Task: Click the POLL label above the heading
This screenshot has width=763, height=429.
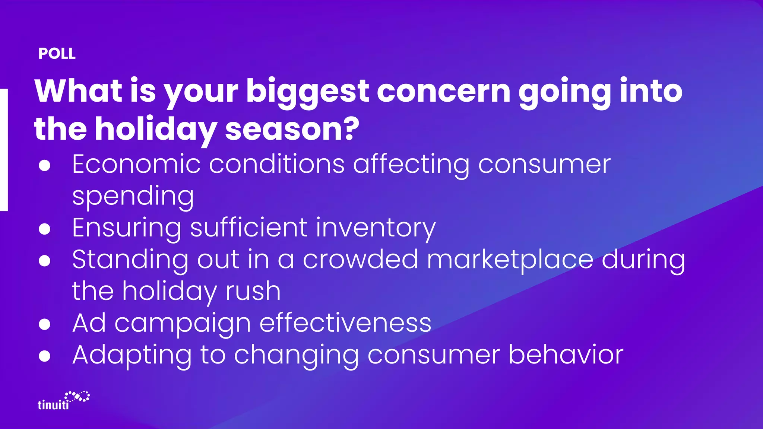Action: click(x=57, y=54)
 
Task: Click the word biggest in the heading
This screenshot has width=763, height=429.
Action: click(x=307, y=92)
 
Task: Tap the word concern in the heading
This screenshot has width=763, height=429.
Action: click(x=443, y=92)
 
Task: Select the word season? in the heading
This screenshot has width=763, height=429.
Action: click(x=292, y=129)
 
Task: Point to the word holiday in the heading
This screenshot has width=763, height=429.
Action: click(x=156, y=129)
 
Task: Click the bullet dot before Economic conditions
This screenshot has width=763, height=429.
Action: click(x=45, y=165)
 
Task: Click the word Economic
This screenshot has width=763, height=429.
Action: click(x=136, y=164)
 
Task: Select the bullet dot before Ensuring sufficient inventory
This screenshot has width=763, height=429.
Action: click(x=45, y=229)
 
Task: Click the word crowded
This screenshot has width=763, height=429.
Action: click(x=360, y=260)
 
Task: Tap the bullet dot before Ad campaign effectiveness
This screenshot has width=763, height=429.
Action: click(x=45, y=324)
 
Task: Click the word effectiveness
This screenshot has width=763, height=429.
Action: click(x=345, y=323)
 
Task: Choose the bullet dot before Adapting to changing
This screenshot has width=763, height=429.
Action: click(x=45, y=356)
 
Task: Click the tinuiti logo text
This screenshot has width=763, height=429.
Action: click(x=53, y=405)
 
